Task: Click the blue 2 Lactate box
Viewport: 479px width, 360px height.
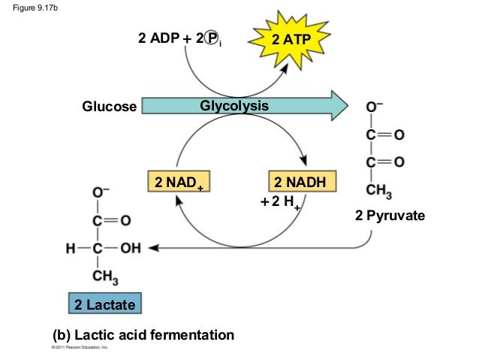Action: click(x=104, y=304)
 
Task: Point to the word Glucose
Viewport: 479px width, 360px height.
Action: click(x=110, y=107)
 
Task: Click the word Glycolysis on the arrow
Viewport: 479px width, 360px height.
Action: click(x=233, y=106)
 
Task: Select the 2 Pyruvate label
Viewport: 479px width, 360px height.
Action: click(x=390, y=216)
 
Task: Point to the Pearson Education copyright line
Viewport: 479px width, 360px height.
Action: click(x=80, y=349)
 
